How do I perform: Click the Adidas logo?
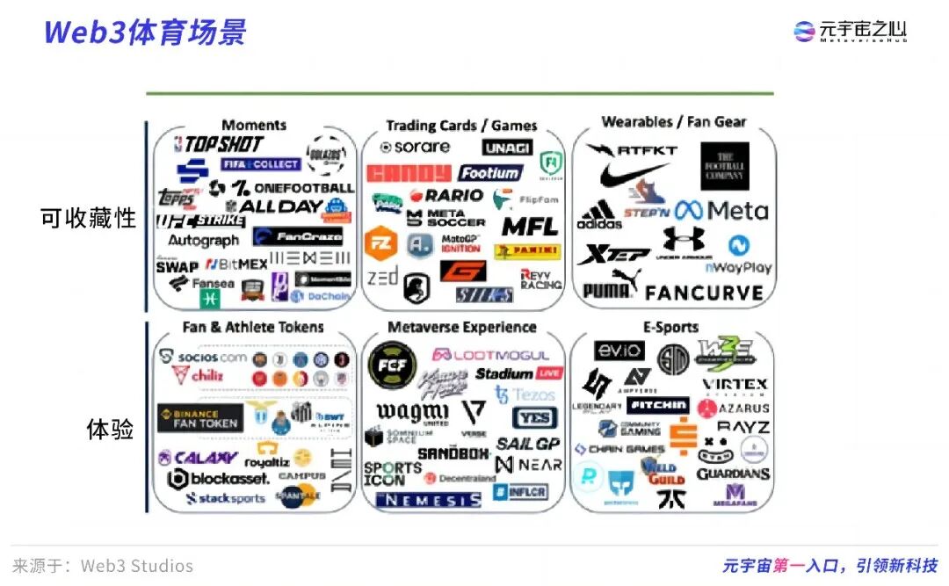(x=599, y=214)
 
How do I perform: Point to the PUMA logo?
(x=607, y=287)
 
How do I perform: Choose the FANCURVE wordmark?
(x=704, y=292)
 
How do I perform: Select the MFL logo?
(x=530, y=226)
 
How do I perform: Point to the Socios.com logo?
(x=203, y=358)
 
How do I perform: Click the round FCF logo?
(x=392, y=365)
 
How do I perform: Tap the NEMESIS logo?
(x=428, y=500)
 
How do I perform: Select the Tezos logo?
(x=525, y=394)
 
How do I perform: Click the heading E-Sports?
(x=670, y=327)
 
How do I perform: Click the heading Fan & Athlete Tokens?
(x=253, y=327)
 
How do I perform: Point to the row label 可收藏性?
(x=88, y=217)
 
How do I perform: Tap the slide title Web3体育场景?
(x=145, y=32)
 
